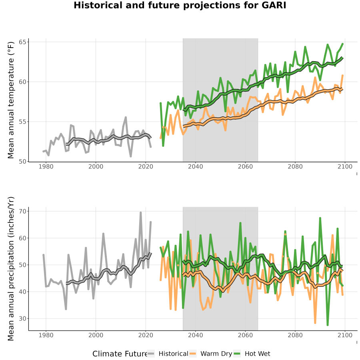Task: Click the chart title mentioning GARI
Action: coord(180,5)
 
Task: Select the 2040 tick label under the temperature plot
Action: coord(195,166)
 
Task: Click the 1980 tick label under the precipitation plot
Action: coord(46,335)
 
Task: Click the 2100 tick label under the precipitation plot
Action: coord(345,335)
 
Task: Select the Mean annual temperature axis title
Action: coord(11,100)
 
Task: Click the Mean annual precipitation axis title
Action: coord(11,269)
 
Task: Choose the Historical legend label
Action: coord(173,354)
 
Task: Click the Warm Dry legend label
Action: coord(216,354)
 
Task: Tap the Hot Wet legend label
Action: coord(257,354)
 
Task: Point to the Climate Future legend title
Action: coord(120,354)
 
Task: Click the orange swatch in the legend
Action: coord(193,354)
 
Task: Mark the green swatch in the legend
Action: coord(237,354)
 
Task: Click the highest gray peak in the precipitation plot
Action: coord(140,213)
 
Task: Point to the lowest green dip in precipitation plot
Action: coord(327,325)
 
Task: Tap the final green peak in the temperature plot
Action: coord(342,44)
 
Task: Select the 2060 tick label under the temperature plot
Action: coord(245,166)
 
